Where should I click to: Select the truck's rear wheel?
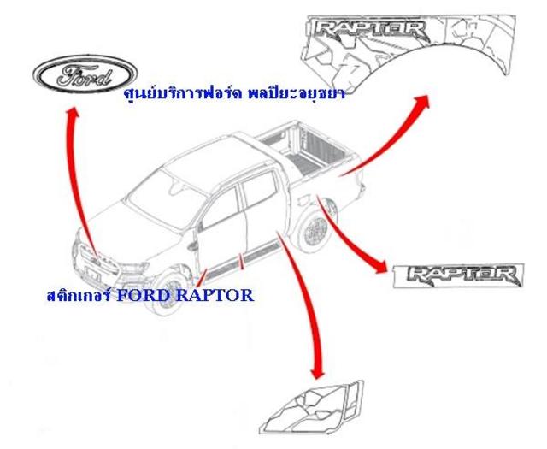315,230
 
